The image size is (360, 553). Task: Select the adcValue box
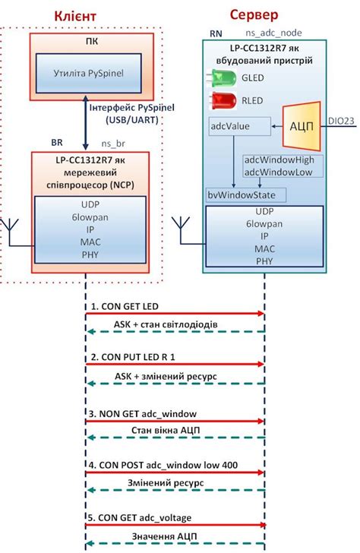coord(238,125)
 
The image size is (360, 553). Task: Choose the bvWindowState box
coord(241,195)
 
